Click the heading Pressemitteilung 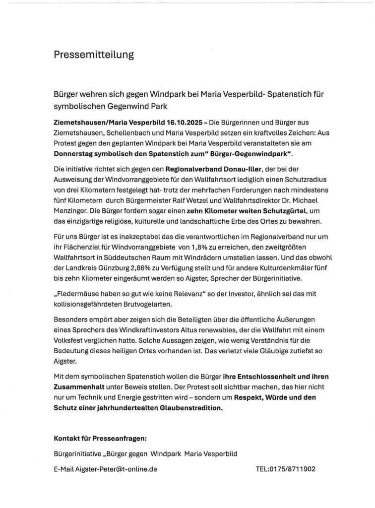tap(94, 55)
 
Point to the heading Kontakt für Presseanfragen tap(100, 439)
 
